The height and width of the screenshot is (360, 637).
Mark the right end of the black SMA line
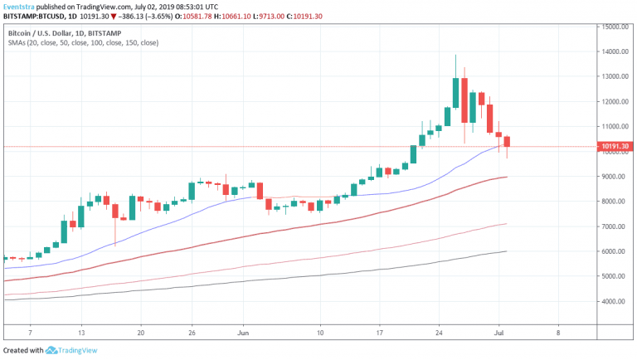[507, 251]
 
